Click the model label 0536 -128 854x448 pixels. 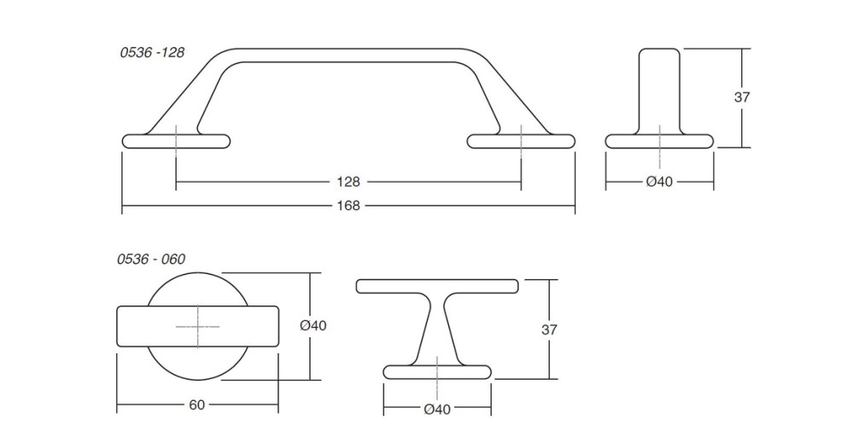coord(152,52)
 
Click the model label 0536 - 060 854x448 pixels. coord(151,259)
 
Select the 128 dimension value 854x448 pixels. coord(348,181)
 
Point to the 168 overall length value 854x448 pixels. coord(348,205)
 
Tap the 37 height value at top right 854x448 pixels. coord(742,97)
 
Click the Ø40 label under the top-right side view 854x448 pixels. coord(659,182)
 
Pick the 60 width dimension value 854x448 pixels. coord(196,405)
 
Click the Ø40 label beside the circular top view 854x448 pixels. coord(313,325)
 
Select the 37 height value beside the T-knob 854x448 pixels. coord(549,330)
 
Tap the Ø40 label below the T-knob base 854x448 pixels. coord(436,410)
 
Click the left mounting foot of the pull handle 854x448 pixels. coord(176,142)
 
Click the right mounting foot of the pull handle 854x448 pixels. coord(521,142)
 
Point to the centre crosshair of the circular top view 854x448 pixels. coord(198,327)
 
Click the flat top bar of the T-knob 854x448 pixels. coord(436,287)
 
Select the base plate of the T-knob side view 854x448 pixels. coord(436,372)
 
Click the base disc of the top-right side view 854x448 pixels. coord(659,142)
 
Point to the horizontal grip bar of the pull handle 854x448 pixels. coord(348,55)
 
